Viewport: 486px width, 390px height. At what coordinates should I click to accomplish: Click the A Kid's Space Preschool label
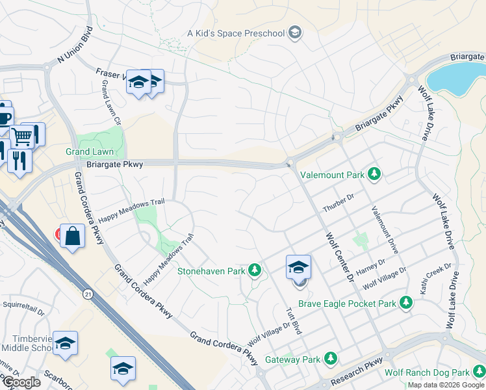[237, 32]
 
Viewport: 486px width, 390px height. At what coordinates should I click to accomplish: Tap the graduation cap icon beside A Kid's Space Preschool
[294, 32]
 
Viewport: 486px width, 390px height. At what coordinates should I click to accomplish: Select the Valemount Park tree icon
[374, 174]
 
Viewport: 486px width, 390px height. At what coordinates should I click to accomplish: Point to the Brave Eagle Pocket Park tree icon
[406, 303]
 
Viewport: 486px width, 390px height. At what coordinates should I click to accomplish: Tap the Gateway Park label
[292, 359]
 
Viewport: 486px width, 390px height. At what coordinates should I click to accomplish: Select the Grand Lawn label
[89, 151]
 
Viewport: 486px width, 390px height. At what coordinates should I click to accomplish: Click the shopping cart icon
[22, 136]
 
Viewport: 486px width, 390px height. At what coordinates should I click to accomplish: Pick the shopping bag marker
[73, 236]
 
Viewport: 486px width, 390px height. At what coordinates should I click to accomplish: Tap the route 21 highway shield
[87, 294]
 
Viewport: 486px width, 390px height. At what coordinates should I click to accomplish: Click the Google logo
[21, 382]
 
